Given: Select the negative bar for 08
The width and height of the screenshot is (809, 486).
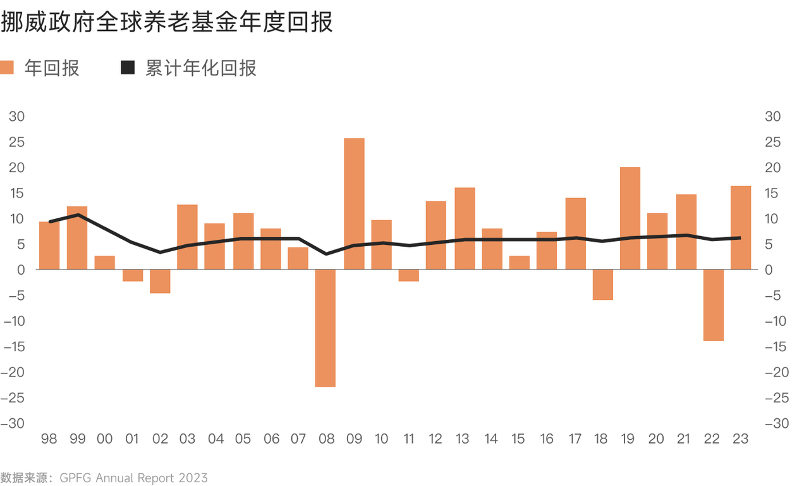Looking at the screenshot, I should point(325,328).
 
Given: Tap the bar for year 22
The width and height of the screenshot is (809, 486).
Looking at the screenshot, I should point(713,305).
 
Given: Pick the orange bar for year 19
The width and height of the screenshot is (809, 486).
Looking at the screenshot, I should point(630,218).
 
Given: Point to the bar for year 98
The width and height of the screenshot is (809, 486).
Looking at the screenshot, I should point(49,246).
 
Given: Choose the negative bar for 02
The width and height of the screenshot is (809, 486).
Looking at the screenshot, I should point(160,281).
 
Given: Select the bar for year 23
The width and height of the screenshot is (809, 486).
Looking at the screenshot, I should point(741,228).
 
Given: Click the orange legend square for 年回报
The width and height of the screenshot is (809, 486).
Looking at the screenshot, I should point(7,68).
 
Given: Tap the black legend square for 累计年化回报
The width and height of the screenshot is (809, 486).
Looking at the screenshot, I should point(128,68).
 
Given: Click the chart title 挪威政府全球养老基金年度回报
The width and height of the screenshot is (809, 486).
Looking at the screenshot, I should point(167,23).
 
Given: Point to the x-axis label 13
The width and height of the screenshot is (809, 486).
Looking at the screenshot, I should point(463,439).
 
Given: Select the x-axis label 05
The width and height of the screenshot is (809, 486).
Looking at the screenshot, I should point(243,439).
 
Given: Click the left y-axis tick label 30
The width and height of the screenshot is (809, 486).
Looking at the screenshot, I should point(16,116).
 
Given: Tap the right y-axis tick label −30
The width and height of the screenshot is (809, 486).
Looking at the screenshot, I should point(777,423).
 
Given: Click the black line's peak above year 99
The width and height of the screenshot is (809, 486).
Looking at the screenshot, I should point(77,215).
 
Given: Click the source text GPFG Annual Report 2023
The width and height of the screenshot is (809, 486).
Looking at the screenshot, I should point(133,478).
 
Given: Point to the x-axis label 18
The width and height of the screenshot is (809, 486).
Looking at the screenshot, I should point(602,439).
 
